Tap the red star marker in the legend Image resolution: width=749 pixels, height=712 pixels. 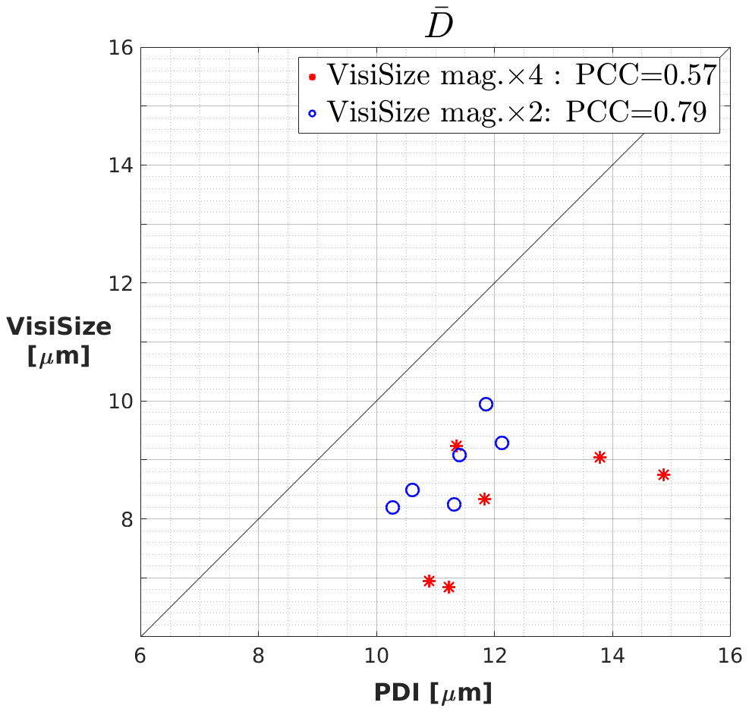click(x=312, y=77)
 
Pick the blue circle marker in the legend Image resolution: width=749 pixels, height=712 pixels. click(x=312, y=113)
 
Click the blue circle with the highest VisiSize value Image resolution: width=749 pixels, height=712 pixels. click(x=486, y=405)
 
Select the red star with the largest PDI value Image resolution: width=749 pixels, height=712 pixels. click(x=663, y=475)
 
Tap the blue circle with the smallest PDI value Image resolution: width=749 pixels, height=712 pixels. click(x=392, y=508)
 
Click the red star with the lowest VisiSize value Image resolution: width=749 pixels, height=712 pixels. click(x=448, y=587)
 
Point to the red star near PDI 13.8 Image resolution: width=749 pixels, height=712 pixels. click(x=600, y=458)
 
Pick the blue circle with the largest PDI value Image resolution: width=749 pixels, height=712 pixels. click(x=502, y=443)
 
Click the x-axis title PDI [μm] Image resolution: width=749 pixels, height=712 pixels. click(x=433, y=692)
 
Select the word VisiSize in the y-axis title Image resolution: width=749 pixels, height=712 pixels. click(x=59, y=327)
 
